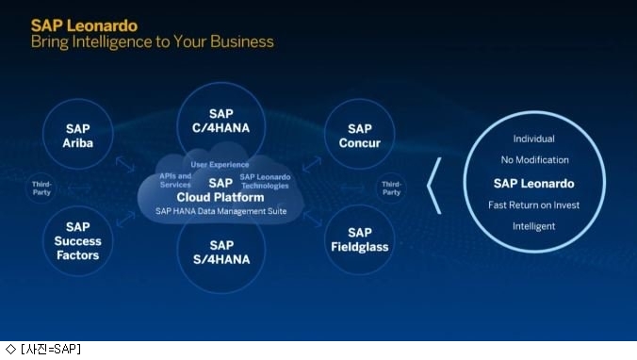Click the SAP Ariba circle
pyautogui.click(x=77, y=134)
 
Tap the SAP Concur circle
pyautogui.click(x=360, y=134)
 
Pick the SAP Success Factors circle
pyautogui.click(x=77, y=240)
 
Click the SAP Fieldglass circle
pyautogui.click(x=360, y=239)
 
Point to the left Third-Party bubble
pyautogui.click(x=41, y=188)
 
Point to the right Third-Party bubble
pyautogui.click(x=391, y=188)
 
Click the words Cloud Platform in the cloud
pyautogui.click(x=220, y=198)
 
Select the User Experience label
pyautogui.click(x=220, y=165)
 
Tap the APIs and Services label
pyautogui.click(x=175, y=180)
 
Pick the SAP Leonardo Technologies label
pyautogui.click(x=265, y=181)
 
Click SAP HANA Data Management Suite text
pyautogui.click(x=221, y=211)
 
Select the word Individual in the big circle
pyautogui.click(x=533, y=139)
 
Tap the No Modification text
pyautogui.click(x=534, y=160)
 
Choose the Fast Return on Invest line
pyautogui.click(x=533, y=205)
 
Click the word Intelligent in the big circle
pyautogui.click(x=533, y=226)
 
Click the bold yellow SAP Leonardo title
pyautogui.click(x=85, y=25)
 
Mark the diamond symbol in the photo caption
pyautogui.click(x=10, y=349)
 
